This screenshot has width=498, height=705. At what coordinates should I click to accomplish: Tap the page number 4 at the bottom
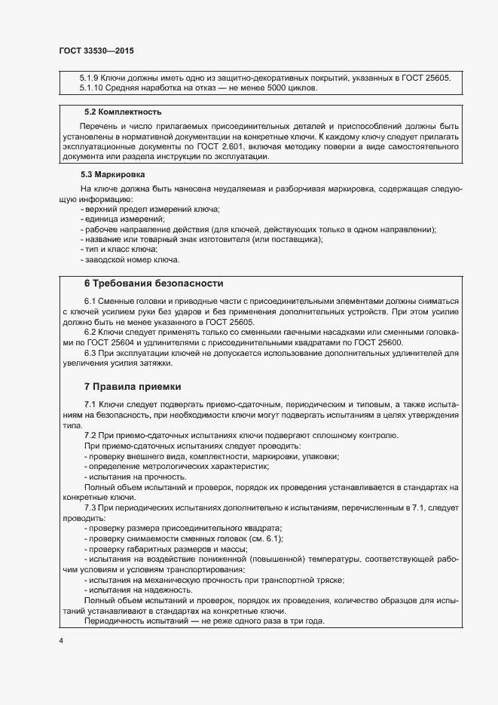(x=61, y=640)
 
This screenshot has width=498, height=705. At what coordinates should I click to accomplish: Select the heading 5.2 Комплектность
(x=112, y=112)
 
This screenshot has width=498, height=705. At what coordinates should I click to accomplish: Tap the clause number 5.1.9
(x=90, y=77)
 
